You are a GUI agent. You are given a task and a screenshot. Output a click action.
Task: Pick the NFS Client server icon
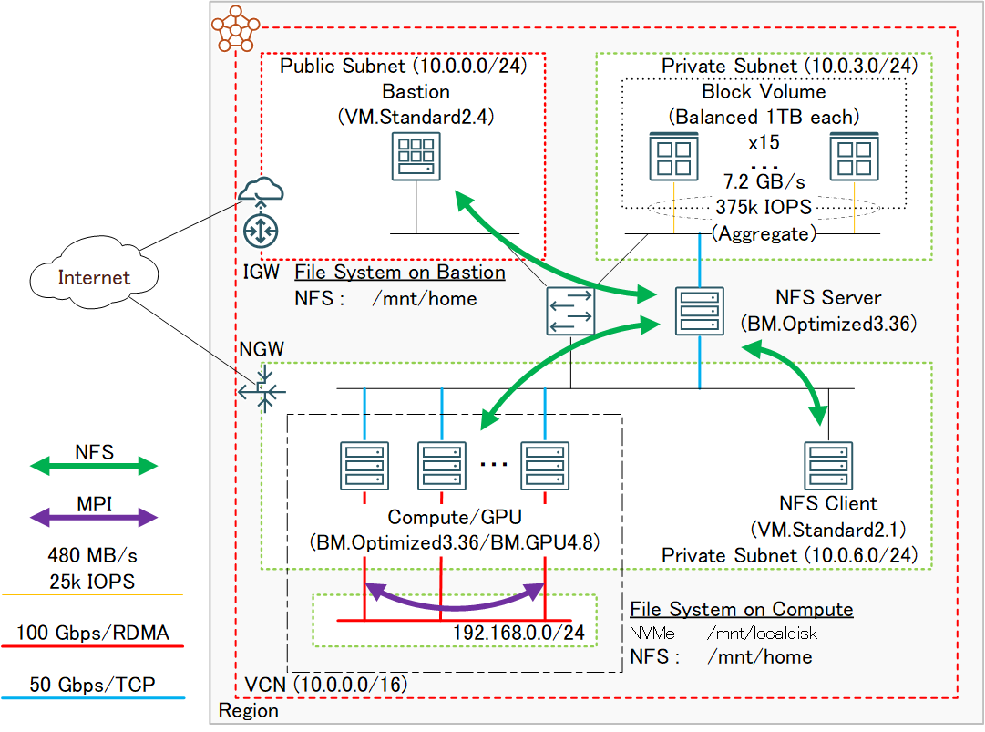coord(827,465)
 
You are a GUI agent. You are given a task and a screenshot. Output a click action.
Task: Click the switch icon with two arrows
coord(570,310)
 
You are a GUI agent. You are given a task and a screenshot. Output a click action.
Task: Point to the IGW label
coord(258,272)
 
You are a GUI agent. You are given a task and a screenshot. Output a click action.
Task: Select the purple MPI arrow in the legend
coord(94,518)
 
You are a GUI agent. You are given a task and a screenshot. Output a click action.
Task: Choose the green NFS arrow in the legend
coord(94,466)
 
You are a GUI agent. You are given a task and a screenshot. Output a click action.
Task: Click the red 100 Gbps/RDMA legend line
coord(94,646)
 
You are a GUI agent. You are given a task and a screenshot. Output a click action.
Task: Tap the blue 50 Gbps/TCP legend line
coord(94,698)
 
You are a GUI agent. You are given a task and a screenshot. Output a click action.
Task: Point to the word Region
coord(249,711)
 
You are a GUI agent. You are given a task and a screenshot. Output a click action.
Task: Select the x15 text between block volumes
coord(764,143)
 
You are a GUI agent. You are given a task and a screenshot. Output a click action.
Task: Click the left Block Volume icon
coord(673,155)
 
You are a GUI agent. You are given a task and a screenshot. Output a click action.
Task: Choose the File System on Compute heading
coord(741,610)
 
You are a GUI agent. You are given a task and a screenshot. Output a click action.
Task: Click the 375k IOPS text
coord(764,207)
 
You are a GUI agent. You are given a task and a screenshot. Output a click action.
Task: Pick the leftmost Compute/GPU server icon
coord(364,465)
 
